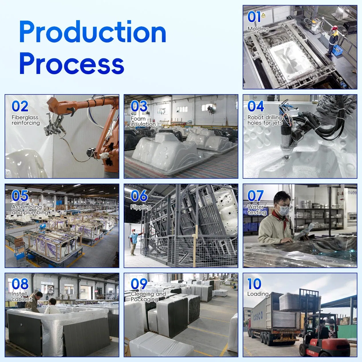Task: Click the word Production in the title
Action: [93, 32]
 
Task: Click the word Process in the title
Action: [72, 64]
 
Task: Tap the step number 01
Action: [254, 17]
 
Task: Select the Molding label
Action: [258, 29]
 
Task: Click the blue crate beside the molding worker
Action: [337, 50]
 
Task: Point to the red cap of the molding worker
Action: [334, 28]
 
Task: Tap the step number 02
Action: [20, 106]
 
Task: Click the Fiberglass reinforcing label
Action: [26, 120]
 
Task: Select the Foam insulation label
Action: [143, 121]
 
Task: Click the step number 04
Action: [256, 106]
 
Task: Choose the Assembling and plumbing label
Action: [30, 210]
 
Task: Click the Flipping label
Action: [141, 207]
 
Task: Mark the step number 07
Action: [255, 196]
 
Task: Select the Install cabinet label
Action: [22, 296]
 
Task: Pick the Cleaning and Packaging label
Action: [148, 296]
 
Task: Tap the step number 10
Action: [254, 284]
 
